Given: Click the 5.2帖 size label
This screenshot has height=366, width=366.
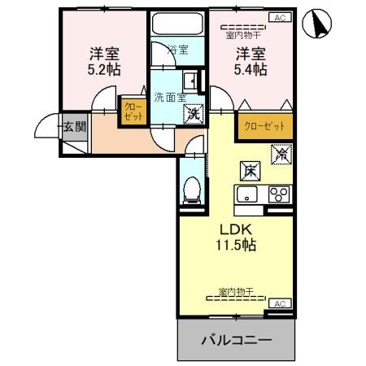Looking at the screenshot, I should (104, 71).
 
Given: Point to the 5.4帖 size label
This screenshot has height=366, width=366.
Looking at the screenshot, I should (251, 71).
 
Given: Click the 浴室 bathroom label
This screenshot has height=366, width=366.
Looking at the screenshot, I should (178, 50).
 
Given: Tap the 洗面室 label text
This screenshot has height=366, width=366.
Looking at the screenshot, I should (170, 97).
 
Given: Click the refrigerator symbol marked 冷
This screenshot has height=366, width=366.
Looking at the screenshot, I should (281, 152).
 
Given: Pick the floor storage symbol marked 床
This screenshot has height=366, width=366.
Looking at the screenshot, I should (250, 171).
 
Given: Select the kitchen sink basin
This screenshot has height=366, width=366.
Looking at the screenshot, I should (246, 194).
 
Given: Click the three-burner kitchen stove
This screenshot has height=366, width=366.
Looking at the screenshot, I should (279, 194).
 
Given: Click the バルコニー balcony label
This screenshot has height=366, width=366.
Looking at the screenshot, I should (235, 339).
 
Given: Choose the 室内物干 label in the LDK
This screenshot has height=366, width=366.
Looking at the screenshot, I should (237, 290).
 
